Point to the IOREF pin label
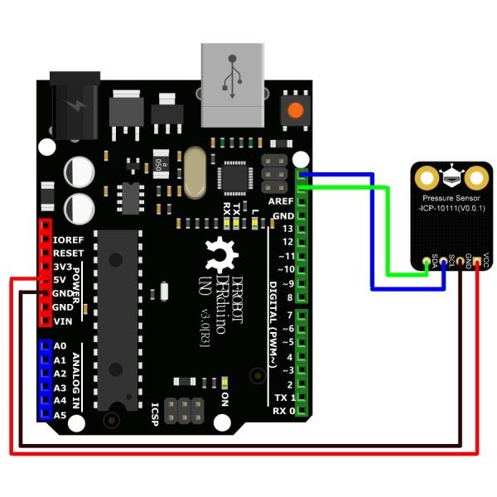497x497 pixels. [x=68, y=239]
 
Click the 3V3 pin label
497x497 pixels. [x=64, y=267]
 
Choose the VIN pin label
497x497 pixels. [x=63, y=321]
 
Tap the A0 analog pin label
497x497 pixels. [x=59, y=347]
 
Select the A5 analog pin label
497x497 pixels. [x=59, y=414]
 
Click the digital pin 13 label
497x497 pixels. [x=287, y=228]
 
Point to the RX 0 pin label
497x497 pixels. [x=284, y=411]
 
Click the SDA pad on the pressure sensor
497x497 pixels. [x=427, y=263]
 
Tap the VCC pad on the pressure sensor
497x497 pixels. [x=478, y=263]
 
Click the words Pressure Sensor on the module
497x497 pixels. [x=451, y=199]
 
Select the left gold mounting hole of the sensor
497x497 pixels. [x=427, y=176]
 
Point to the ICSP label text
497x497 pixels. [x=155, y=410]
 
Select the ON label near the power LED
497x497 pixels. [x=223, y=398]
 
